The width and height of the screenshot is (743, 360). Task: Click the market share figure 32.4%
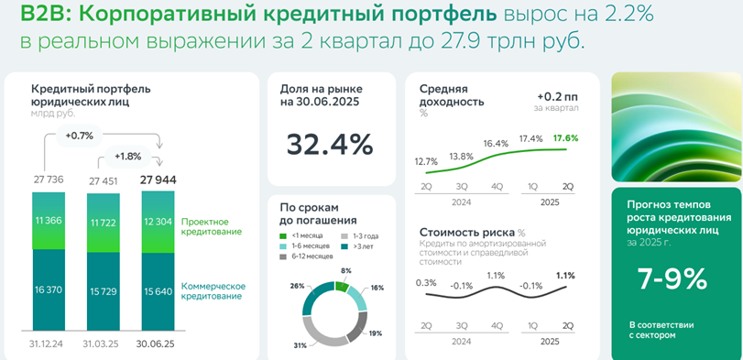(329, 145)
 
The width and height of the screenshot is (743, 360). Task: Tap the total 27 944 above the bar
(158, 180)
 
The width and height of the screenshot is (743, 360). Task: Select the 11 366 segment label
(49, 221)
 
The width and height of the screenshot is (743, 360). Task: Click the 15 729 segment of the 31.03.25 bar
(104, 291)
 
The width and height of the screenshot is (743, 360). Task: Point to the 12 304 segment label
(158, 223)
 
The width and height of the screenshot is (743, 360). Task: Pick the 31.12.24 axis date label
(49, 344)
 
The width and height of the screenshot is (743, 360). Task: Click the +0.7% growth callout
(80, 136)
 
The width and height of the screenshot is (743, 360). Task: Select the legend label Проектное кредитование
(212, 227)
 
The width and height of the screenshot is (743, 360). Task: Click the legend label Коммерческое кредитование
(213, 291)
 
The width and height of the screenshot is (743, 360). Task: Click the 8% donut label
(346, 270)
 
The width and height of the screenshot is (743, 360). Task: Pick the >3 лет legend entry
(354, 245)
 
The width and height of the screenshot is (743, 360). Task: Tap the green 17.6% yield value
(565, 137)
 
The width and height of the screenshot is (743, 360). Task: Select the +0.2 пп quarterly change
(558, 96)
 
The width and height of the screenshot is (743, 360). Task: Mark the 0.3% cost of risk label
(425, 283)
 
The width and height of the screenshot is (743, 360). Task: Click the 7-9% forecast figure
(672, 279)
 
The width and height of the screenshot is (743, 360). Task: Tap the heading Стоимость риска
(466, 233)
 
